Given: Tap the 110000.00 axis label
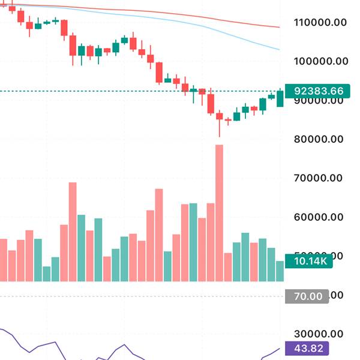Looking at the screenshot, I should click(322, 23).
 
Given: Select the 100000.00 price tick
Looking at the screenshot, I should click(322, 61).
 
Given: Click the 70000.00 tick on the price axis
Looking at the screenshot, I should click(322, 178).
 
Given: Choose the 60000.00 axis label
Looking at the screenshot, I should click(322, 217).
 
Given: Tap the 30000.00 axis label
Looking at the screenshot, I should click(322, 334).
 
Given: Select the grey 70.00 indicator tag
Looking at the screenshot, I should click(307, 296).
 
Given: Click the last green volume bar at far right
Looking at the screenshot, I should click(280, 271).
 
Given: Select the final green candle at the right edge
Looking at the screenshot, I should click(280, 98).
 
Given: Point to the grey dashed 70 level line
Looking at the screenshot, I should click(120, 296).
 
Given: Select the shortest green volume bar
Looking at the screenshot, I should click(47, 274).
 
